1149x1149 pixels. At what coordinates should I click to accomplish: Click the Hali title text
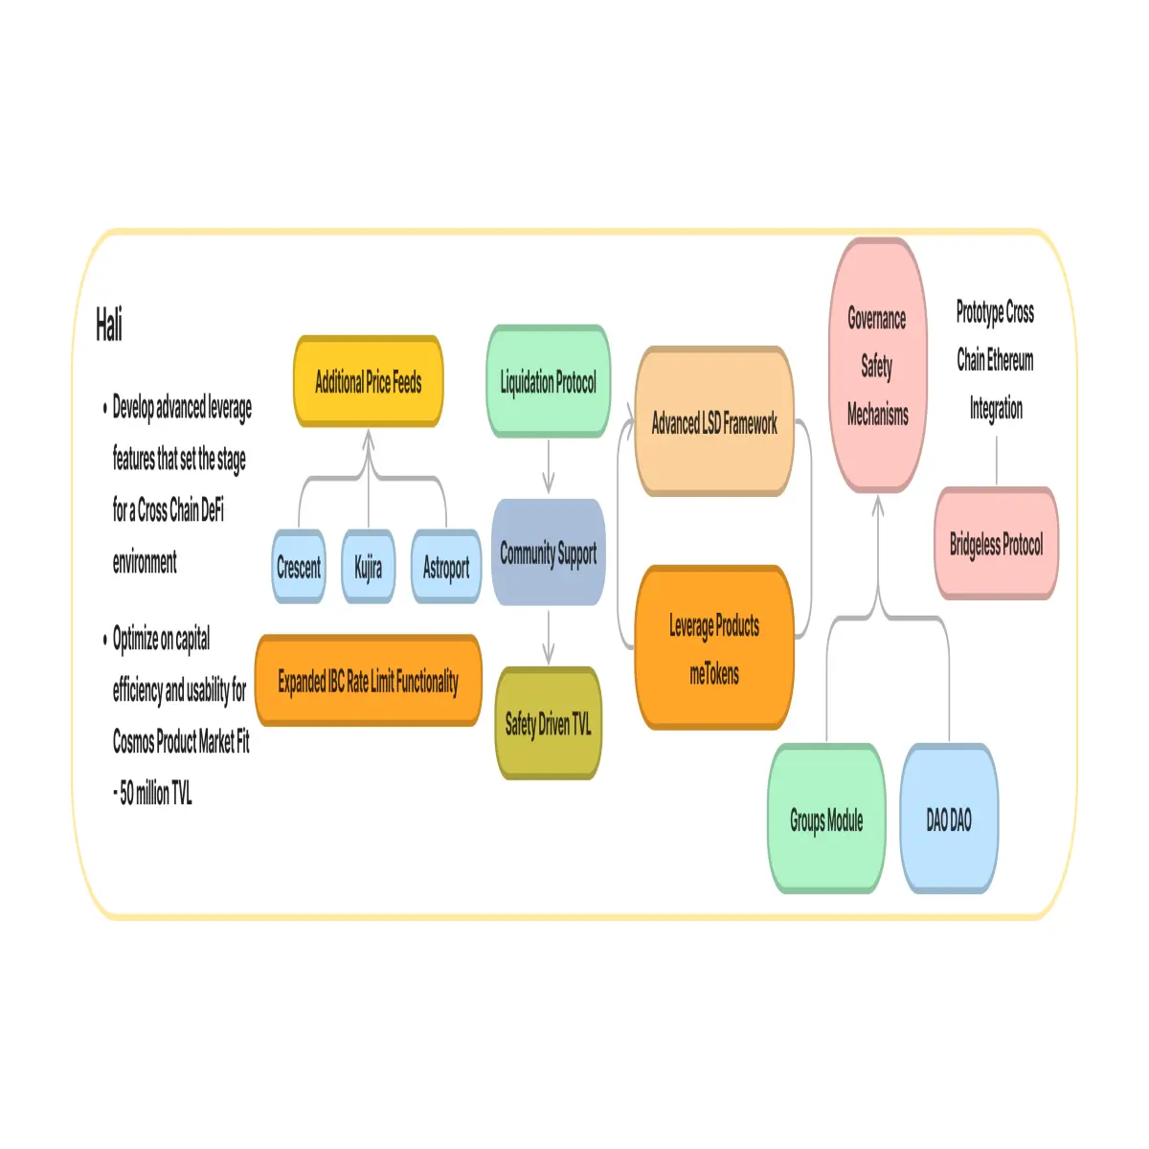coord(108,325)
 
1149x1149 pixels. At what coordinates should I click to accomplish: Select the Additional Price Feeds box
coord(368,381)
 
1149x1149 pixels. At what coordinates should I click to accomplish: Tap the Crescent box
coord(298,566)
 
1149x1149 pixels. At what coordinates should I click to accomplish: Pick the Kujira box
coord(368,566)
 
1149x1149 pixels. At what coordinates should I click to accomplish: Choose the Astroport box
coord(446,566)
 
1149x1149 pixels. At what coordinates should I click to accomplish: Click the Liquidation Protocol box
coord(548,381)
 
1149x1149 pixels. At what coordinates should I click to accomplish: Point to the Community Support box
coord(548,552)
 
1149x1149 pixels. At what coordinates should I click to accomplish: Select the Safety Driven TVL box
coord(548,723)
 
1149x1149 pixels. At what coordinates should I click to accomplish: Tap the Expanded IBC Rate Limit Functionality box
coord(368,681)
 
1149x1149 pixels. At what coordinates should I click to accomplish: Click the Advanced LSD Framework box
coord(713,421)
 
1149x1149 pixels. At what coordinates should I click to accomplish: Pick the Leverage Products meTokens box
coord(713,647)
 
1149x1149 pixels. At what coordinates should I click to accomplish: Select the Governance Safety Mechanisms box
coord(877,365)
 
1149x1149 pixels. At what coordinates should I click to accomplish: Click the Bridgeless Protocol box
coord(996,543)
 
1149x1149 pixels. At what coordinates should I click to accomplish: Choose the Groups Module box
coord(825,819)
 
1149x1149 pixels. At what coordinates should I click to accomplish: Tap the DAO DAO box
coord(948,819)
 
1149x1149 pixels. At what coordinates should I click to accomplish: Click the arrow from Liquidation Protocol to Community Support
coord(548,466)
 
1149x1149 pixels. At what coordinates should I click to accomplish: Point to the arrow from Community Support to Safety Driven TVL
coord(548,637)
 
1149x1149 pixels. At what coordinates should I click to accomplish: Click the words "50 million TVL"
coord(156,793)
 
